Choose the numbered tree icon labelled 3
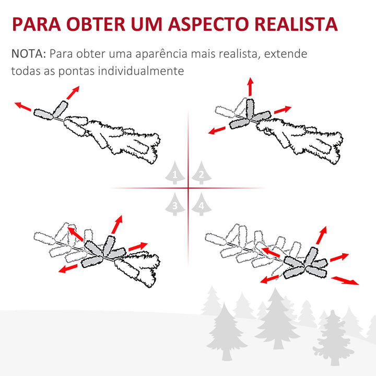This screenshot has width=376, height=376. [x=174, y=204]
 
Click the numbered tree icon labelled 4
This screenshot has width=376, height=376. [x=201, y=204]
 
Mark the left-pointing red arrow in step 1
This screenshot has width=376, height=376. [x=23, y=107]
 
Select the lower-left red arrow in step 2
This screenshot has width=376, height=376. [x=217, y=130]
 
